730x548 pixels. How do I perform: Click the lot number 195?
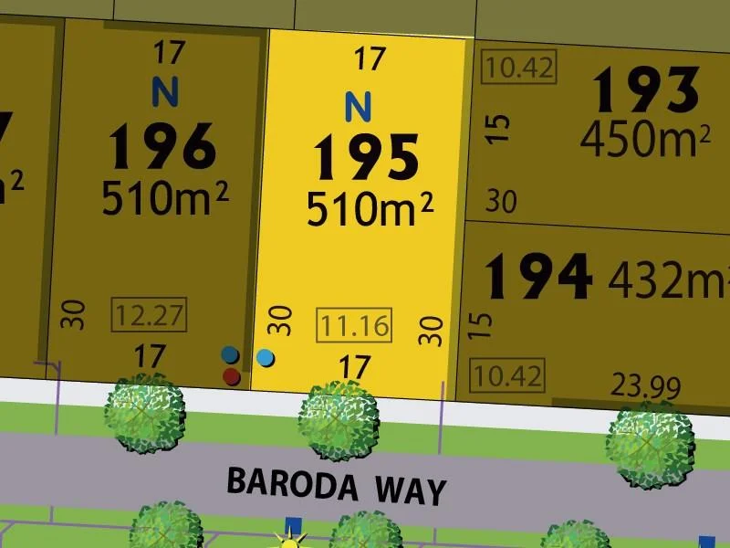pyautogui.click(x=367, y=157)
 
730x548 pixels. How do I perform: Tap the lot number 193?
pyautogui.click(x=646, y=92)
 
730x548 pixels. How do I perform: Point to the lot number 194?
pyautogui.click(x=537, y=278)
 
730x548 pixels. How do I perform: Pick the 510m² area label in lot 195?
pyautogui.click(x=369, y=210)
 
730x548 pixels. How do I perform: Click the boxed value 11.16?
pyautogui.click(x=353, y=324)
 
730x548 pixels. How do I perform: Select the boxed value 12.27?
pyautogui.click(x=148, y=316)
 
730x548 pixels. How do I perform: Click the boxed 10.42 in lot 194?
pyautogui.click(x=506, y=374)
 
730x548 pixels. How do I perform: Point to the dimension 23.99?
pyautogui.click(x=646, y=387)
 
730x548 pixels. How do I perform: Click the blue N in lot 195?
pyautogui.click(x=359, y=107)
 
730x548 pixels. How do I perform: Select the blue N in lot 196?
pyautogui.click(x=164, y=91)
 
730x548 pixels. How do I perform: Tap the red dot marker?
pyautogui.click(x=232, y=375)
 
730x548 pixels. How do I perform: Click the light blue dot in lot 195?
pyautogui.click(x=266, y=357)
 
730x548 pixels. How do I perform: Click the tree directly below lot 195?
pyautogui.click(x=339, y=421)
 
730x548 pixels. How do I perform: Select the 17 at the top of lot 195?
pyautogui.click(x=369, y=60)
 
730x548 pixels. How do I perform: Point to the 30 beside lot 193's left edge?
pyautogui.click(x=501, y=201)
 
